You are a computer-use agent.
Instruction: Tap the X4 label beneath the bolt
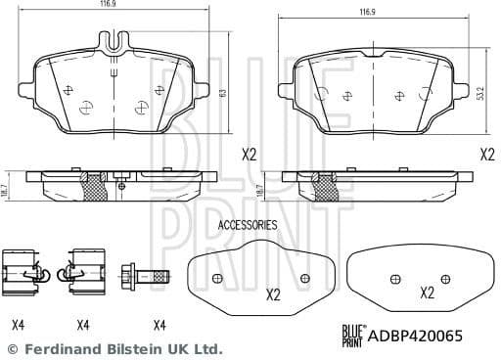click(158, 325)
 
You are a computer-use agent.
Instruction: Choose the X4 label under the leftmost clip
click(18, 325)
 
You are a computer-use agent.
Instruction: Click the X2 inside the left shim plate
click(273, 293)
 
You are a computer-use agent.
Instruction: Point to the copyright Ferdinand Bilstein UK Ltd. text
click(114, 349)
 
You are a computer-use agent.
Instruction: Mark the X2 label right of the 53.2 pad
click(486, 154)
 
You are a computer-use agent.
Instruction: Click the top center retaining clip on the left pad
click(114, 42)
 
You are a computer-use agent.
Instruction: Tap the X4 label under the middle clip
click(82, 325)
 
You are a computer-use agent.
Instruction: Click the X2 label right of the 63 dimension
click(249, 154)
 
